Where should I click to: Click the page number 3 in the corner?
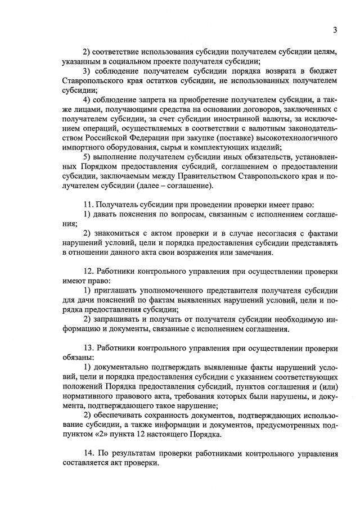coord(334,30)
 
